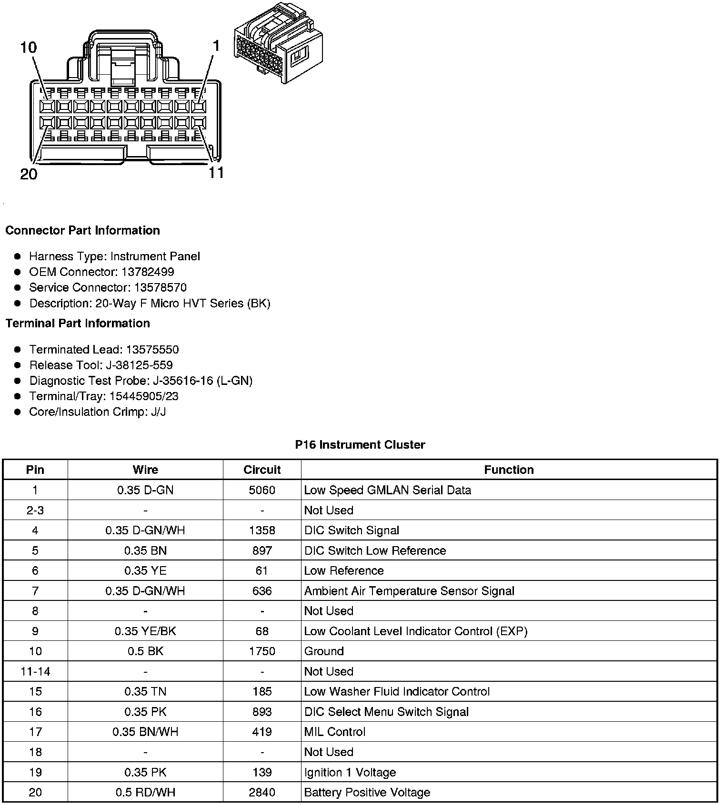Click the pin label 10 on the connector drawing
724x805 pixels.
(29, 48)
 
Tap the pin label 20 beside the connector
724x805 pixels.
(29, 174)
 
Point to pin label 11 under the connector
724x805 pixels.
(216, 172)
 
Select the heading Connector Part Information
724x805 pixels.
(82, 231)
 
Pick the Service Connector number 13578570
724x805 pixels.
(160, 288)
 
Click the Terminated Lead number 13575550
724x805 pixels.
(152, 350)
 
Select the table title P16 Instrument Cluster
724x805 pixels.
(360, 445)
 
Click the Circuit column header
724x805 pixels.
(262, 470)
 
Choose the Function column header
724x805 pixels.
(509, 470)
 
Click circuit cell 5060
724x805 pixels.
(262, 490)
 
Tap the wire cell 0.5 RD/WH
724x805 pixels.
(145, 793)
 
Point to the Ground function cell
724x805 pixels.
(324, 651)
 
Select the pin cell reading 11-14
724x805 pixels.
(35, 672)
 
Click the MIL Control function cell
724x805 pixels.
(335, 732)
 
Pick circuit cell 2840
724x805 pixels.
(262, 793)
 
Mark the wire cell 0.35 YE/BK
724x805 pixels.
(145, 631)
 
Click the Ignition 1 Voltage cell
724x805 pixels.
(350, 772)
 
